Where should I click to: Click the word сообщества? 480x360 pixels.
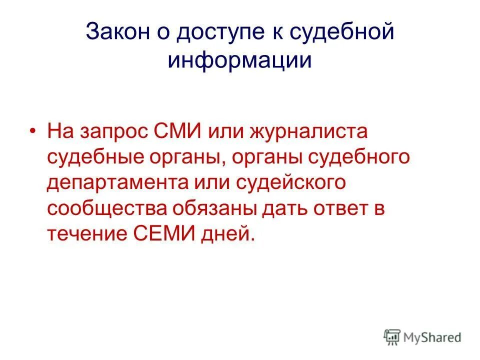[106, 208]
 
